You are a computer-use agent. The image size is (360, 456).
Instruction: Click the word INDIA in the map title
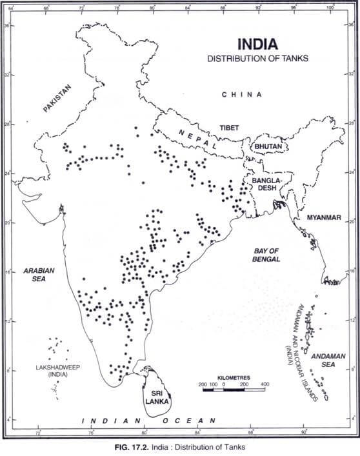pyautogui.click(x=258, y=45)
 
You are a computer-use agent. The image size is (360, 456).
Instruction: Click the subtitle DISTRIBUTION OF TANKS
pyautogui.click(x=258, y=58)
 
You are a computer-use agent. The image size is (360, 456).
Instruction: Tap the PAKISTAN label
pyautogui.click(x=57, y=99)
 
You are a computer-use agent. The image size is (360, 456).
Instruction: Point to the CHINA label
pyautogui.click(x=242, y=94)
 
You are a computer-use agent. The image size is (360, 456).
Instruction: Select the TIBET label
pyautogui.click(x=229, y=128)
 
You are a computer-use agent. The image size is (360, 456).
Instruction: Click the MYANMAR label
pyautogui.click(x=323, y=217)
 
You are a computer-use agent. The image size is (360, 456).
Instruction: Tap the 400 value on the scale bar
pyautogui.click(x=264, y=384)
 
